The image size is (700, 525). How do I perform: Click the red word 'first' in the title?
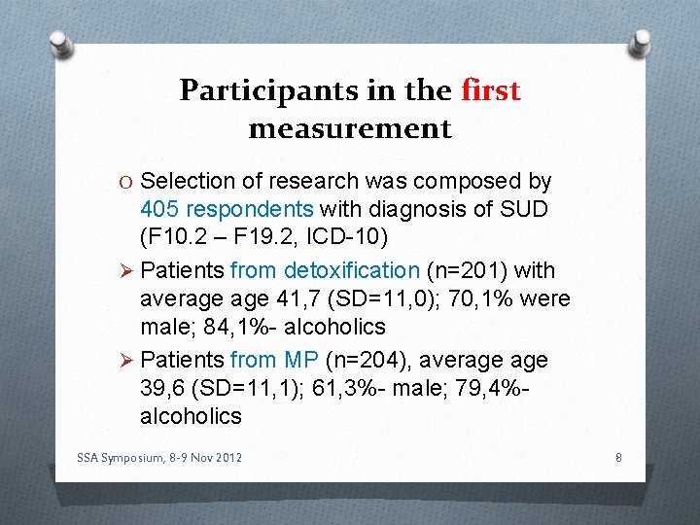pyautogui.click(x=491, y=90)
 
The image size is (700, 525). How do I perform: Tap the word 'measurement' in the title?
pyautogui.click(x=350, y=128)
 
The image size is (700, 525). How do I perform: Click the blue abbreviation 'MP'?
pyautogui.click(x=302, y=360)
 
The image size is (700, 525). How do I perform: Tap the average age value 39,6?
pyautogui.click(x=162, y=388)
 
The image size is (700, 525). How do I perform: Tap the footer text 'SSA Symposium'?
pyautogui.click(x=120, y=457)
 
